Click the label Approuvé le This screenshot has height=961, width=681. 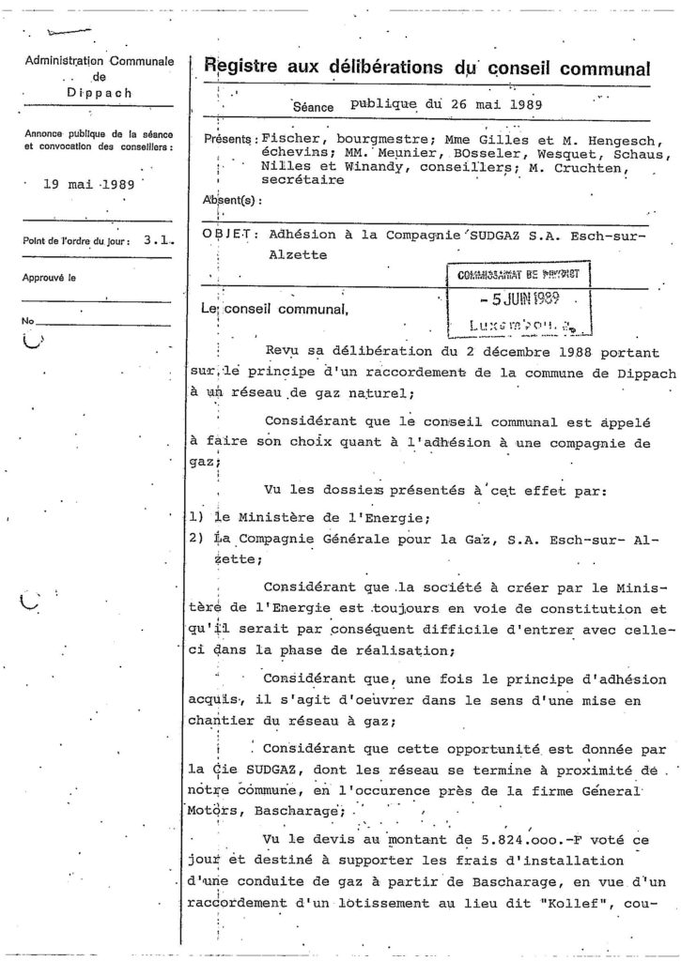[51, 278]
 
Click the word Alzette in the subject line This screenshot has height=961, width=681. [286, 254]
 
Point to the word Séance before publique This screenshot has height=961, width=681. [313, 107]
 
